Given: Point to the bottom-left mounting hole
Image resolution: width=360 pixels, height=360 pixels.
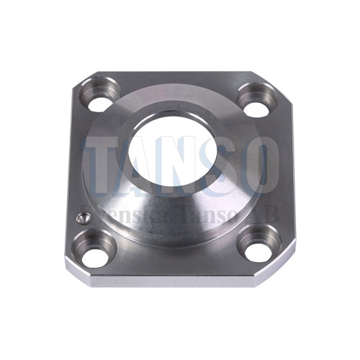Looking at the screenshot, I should [95, 248].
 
